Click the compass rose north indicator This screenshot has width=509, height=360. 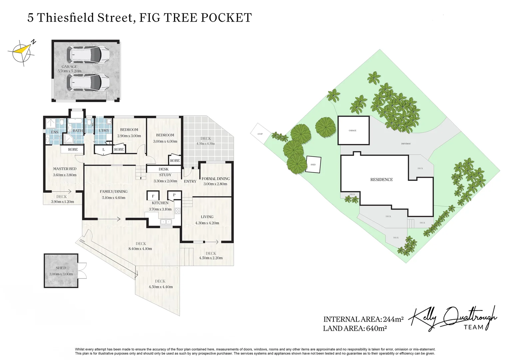tap(22, 52)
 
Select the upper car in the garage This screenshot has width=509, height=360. tap(88, 55)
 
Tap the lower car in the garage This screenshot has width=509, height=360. tap(88, 82)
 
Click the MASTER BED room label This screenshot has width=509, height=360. tap(65, 169)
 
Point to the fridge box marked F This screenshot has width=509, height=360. tap(153, 196)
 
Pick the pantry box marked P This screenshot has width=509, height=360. tap(174, 195)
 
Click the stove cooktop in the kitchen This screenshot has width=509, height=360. tap(178, 211)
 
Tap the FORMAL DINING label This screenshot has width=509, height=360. tap(216, 179)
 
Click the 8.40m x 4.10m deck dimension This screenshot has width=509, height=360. tap(140, 249)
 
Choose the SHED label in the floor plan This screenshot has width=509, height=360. tap(61, 268)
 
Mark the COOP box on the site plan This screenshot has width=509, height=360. tap(260, 134)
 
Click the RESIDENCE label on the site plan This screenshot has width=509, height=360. tap(381, 180)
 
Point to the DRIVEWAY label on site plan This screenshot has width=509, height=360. tap(406, 144)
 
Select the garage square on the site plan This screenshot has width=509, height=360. tap(353, 130)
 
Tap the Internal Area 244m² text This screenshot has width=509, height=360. tap(363, 319)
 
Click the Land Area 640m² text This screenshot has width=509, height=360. tap(354, 329)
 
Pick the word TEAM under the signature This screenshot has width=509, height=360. tap(473, 327)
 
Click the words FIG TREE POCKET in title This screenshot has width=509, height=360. tap(195, 18)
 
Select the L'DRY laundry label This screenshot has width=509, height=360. tap(104, 131)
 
